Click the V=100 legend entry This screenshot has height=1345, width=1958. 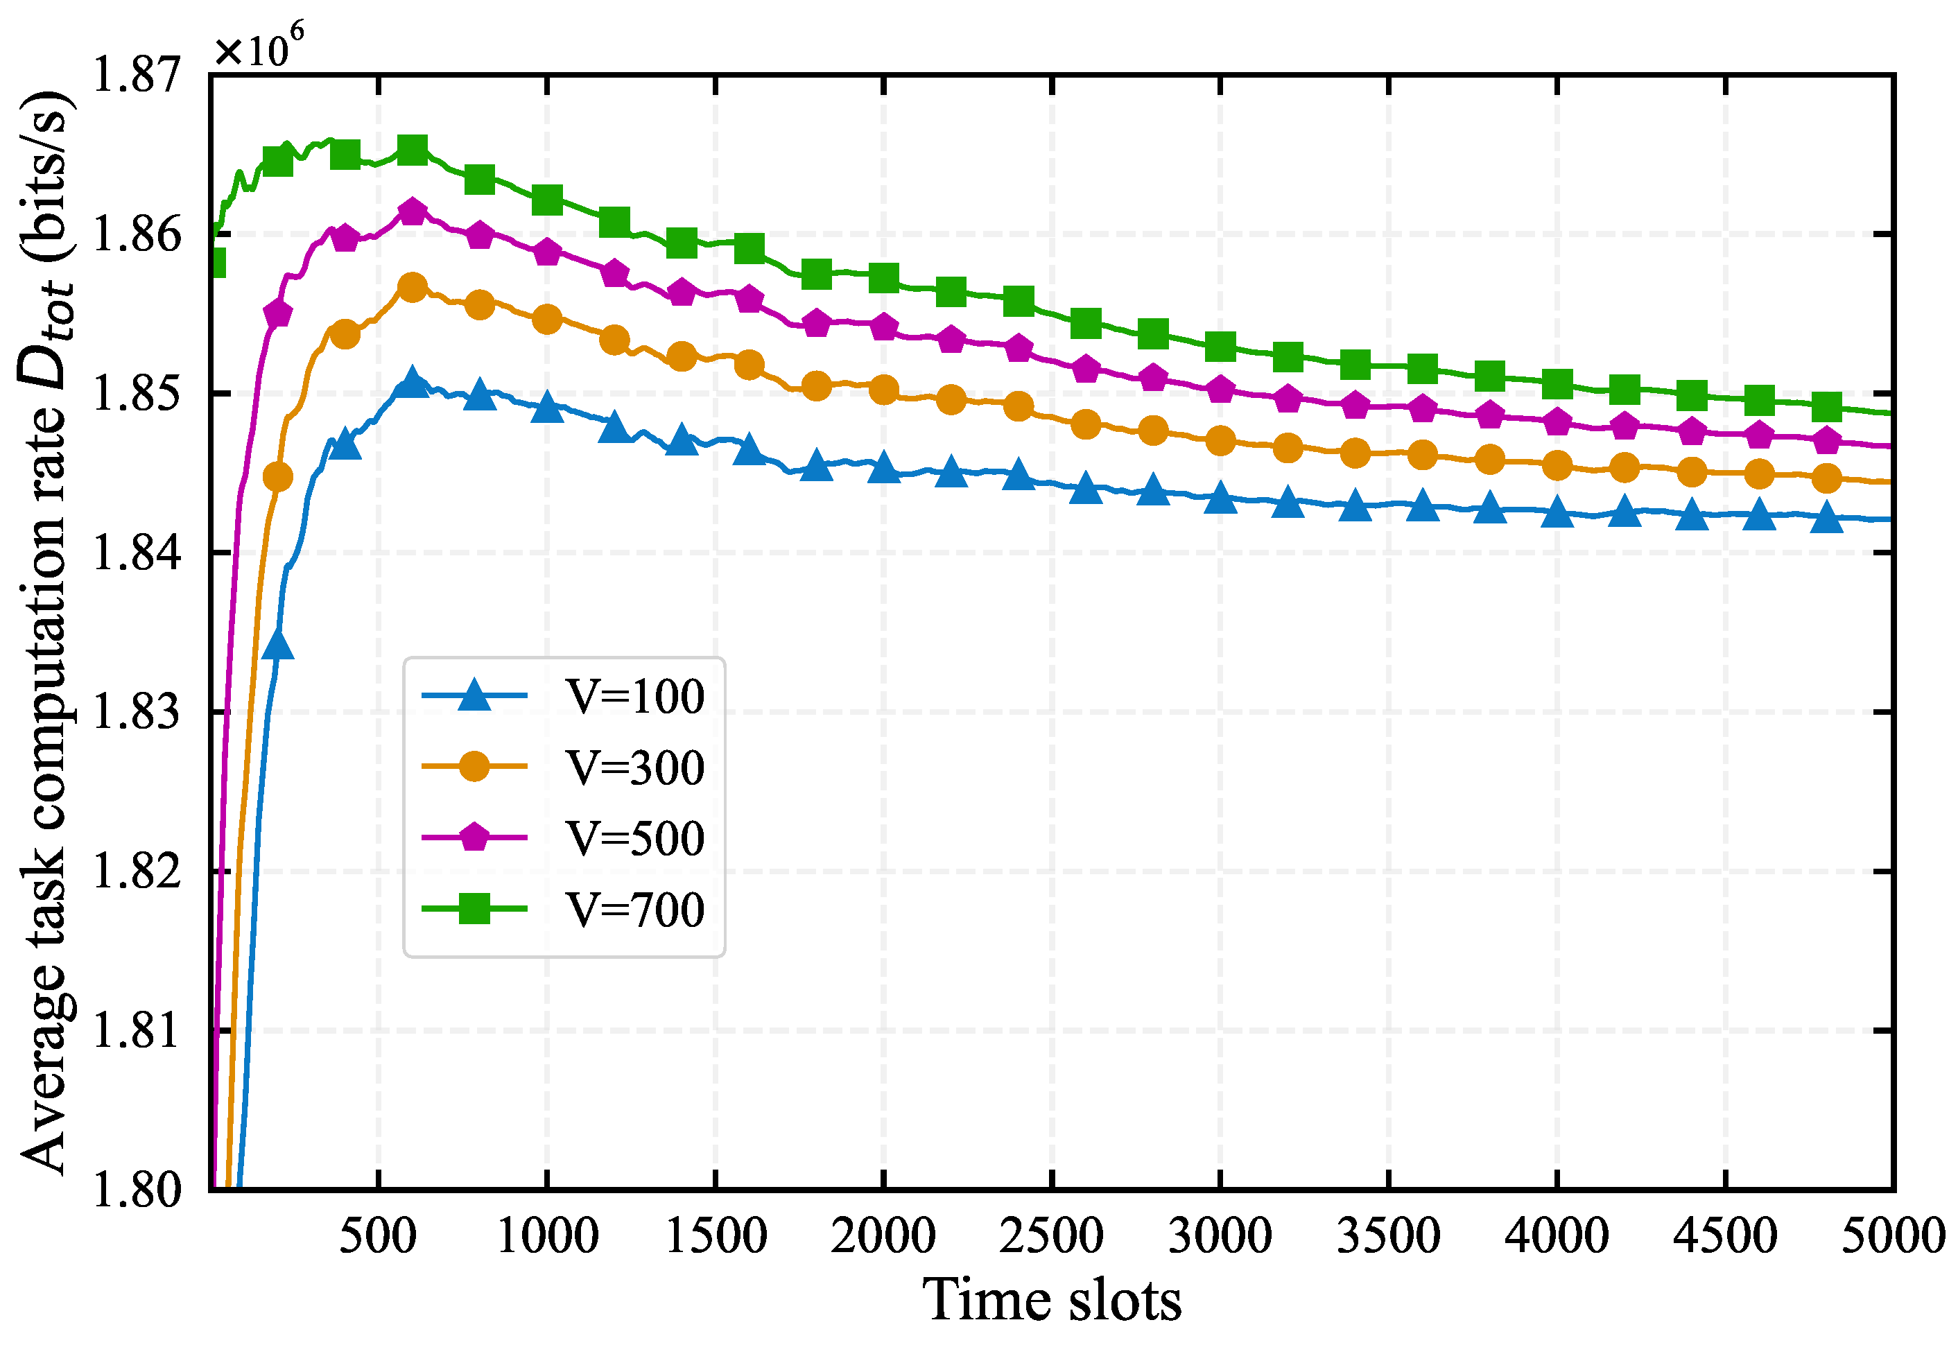[x=634, y=696]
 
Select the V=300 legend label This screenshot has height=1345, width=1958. [x=634, y=767]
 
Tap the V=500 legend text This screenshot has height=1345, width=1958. [x=634, y=838]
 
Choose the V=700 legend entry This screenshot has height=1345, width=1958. [x=634, y=910]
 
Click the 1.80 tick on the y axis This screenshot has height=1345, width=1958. [x=135, y=1190]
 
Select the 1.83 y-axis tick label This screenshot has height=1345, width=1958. [x=135, y=712]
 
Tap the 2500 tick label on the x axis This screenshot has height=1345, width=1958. [x=1051, y=1236]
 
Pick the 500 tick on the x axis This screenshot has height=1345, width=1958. [x=378, y=1236]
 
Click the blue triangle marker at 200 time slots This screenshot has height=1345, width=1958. [x=277, y=645]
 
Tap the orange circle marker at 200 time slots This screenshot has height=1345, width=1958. [x=277, y=477]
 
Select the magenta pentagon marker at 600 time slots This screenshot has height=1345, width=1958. [x=412, y=211]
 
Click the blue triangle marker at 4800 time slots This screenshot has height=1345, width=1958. [x=1826, y=517]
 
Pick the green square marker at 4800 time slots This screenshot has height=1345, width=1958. [x=1826, y=407]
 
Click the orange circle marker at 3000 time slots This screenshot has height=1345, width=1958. [x=1220, y=440]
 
